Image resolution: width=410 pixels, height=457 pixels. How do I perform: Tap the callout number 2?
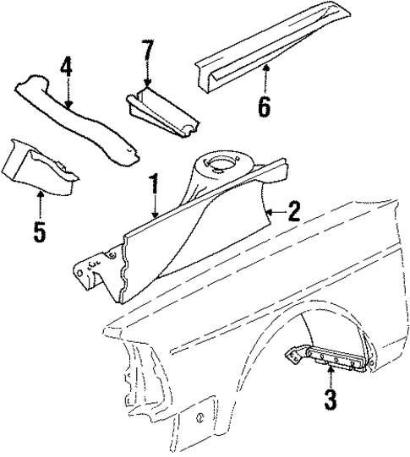click(x=293, y=211)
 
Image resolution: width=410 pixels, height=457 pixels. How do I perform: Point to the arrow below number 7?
click(x=148, y=78)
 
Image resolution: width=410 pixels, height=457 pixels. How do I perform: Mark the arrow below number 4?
click(x=67, y=95)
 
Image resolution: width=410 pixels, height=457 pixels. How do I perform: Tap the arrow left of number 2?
click(x=272, y=211)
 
